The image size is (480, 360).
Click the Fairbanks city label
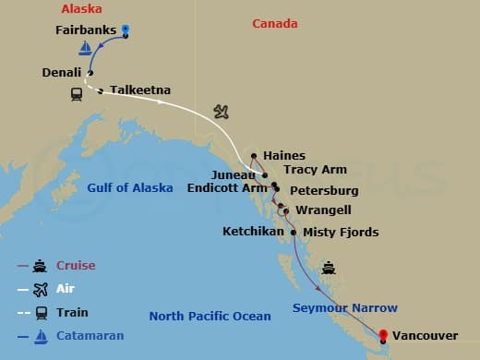click(84, 30)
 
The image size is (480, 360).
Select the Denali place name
click(61, 71)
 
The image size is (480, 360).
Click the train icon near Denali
click(78, 93)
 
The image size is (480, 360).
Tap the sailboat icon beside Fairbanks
click(86, 48)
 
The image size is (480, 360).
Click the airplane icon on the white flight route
click(221, 112)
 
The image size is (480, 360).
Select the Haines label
click(283, 156)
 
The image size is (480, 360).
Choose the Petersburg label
click(324, 191)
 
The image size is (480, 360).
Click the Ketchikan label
click(253, 231)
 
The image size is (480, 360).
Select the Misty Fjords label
click(341, 233)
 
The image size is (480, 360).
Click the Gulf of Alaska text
click(130, 188)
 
